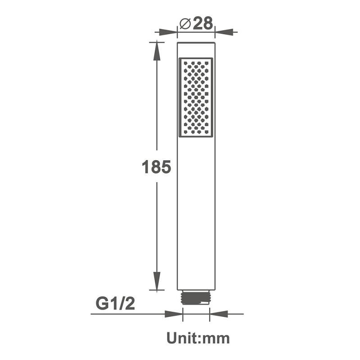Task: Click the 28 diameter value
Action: pos(203,23)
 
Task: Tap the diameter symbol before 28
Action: pos(185,23)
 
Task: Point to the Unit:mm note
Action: pos(198,338)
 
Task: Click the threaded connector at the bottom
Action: pos(196,297)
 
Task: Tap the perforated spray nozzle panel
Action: pos(196,97)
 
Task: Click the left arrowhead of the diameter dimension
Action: pos(168,32)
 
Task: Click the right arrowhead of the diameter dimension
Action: pos(224,32)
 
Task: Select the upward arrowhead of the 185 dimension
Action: pos(157,51)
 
